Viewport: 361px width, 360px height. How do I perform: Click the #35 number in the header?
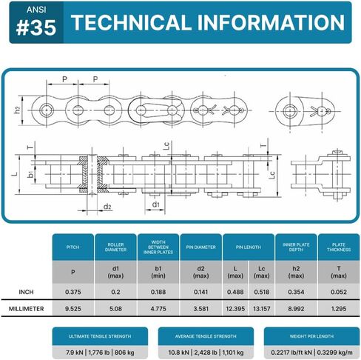(x=36, y=27)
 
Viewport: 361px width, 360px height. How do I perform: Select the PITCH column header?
(x=73, y=247)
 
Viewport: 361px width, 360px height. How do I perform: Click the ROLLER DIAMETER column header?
(x=115, y=247)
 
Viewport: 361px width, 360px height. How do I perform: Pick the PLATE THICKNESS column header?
(x=339, y=247)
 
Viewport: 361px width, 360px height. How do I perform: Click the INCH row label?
(x=26, y=292)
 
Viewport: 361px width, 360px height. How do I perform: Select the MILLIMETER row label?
(x=26, y=309)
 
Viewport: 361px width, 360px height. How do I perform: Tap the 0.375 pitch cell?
(x=73, y=292)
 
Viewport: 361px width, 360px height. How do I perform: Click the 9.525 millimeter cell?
(x=73, y=309)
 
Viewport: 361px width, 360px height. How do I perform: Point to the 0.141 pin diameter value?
(x=200, y=292)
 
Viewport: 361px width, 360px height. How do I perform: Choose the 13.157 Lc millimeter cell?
(x=262, y=309)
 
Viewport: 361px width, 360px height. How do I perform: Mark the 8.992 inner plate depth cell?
(x=296, y=309)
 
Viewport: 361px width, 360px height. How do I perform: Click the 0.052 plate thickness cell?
(x=339, y=292)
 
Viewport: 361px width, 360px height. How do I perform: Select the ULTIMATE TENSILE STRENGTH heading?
(x=100, y=336)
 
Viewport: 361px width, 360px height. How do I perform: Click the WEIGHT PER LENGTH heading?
(x=311, y=336)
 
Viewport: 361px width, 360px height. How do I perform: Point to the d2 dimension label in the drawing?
(x=107, y=207)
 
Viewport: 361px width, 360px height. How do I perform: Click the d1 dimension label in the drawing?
(x=156, y=204)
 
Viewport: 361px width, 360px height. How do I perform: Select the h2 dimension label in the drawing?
(x=17, y=110)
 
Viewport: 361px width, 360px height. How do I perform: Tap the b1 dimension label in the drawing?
(x=30, y=174)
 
